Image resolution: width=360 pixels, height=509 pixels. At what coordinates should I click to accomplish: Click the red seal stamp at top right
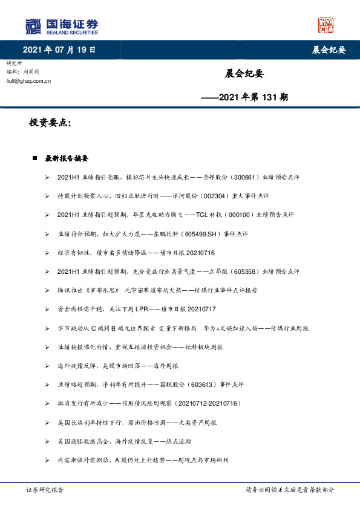pyautogui.click(x=326, y=26)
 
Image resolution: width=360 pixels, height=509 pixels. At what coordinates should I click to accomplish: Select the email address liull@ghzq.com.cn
pyautogui.click(x=28, y=80)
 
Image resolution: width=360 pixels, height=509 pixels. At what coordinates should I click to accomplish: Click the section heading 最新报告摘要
pyautogui.click(x=67, y=159)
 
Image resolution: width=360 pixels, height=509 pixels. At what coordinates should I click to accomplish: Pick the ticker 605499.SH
pyautogui.click(x=174, y=234)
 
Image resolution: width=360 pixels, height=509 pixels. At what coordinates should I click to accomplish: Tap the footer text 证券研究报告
pyautogui.click(x=45, y=490)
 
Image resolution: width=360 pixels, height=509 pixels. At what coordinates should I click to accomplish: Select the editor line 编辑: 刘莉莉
pyautogui.click(x=24, y=71)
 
